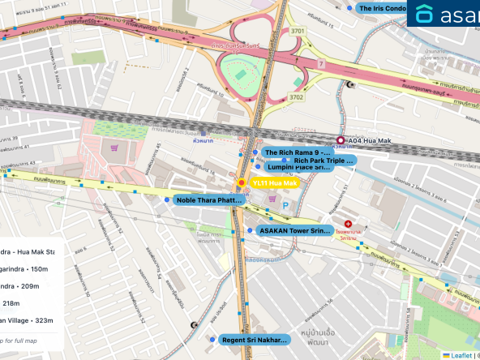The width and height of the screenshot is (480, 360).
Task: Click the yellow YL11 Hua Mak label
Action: pos(274,184)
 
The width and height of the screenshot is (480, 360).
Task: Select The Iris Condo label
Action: pos(382,8)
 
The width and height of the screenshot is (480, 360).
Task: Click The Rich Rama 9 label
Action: pos(297,152)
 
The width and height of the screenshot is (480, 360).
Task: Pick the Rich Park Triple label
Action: pos(324,161)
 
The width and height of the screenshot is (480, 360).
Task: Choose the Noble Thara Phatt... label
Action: pos(208,199)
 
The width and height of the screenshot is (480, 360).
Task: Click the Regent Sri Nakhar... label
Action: pos(254,340)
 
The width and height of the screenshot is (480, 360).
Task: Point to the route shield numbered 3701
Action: pos(298,31)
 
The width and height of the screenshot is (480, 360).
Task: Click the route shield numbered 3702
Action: pos(298,97)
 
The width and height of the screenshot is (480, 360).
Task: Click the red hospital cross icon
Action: pos(348,224)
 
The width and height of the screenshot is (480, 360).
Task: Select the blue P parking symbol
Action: pos(285,207)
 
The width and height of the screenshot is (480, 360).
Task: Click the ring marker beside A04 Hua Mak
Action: pos(341,140)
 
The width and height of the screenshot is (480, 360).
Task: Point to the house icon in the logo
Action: pos(424,14)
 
